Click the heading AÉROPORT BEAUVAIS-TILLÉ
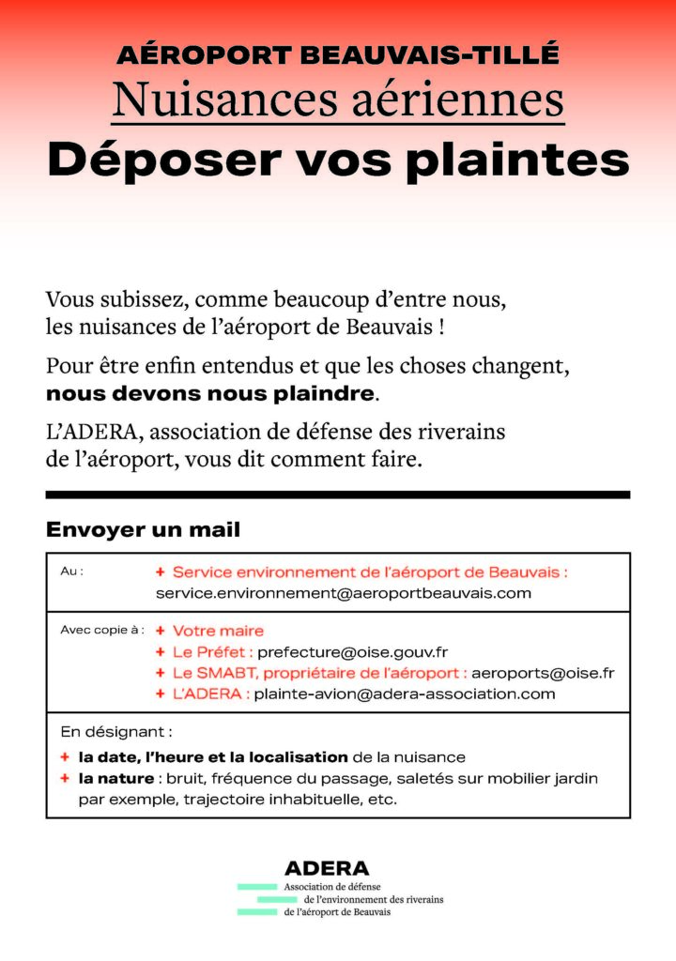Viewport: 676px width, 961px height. pyautogui.click(x=338, y=54)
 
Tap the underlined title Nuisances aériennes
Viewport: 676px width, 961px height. pyautogui.click(x=338, y=99)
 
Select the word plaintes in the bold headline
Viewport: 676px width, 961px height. pyautogui.click(x=517, y=160)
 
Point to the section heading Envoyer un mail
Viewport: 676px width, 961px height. pyautogui.click(x=143, y=530)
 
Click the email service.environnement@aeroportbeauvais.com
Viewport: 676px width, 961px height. pyautogui.click(x=343, y=593)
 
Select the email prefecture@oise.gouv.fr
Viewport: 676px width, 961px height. pyautogui.click(x=352, y=651)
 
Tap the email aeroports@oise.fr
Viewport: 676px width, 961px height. pyautogui.click(x=543, y=673)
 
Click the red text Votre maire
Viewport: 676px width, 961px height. pyautogui.click(x=218, y=631)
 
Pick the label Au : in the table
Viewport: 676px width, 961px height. pyautogui.click(x=71, y=571)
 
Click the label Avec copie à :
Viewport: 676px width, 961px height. pyautogui.click(x=101, y=630)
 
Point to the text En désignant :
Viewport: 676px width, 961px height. pyautogui.click(x=115, y=731)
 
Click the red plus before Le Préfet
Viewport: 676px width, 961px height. pyautogui.click(x=161, y=651)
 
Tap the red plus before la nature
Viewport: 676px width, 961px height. pyautogui.click(x=65, y=778)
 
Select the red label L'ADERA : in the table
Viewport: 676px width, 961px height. pyautogui.click(x=210, y=694)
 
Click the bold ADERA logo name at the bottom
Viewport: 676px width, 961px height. pyautogui.click(x=327, y=868)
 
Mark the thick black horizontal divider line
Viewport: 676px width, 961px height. pyautogui.click(x=338, y=495)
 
